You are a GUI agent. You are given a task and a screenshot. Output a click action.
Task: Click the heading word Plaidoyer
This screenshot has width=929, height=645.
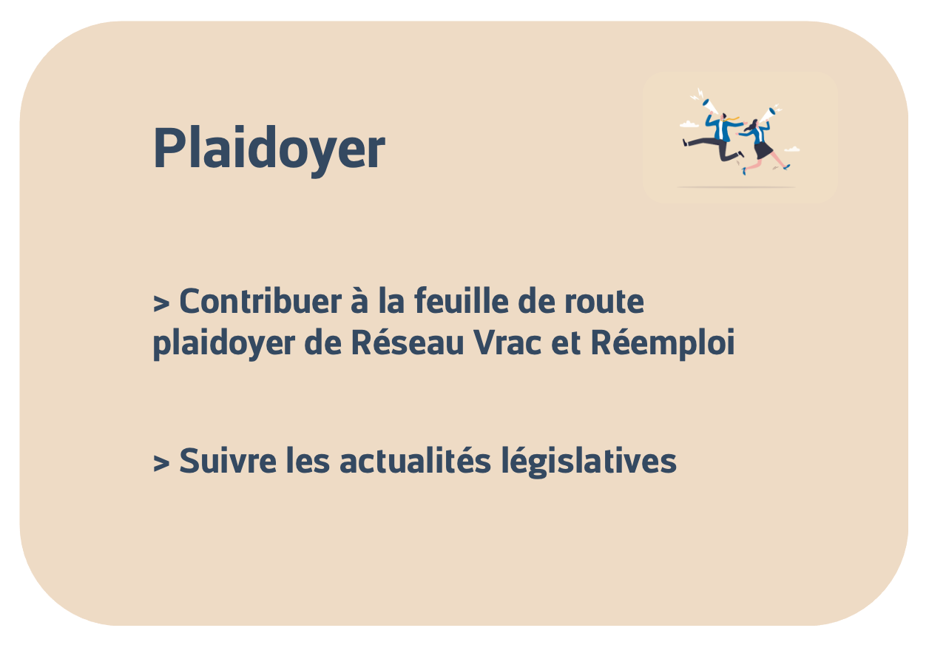pos(268,149)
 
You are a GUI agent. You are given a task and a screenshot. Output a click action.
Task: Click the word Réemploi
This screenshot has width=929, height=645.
pos(663,345)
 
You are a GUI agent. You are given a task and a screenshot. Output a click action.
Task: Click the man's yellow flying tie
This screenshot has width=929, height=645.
pos(733,118)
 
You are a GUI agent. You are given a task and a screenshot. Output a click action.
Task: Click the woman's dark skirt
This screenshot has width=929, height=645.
pos(762,150)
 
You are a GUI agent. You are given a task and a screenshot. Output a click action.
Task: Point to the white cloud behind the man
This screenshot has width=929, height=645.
pos(689,124)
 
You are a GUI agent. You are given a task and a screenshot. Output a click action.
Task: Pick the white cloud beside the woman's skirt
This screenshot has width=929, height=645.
pos(792,149)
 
